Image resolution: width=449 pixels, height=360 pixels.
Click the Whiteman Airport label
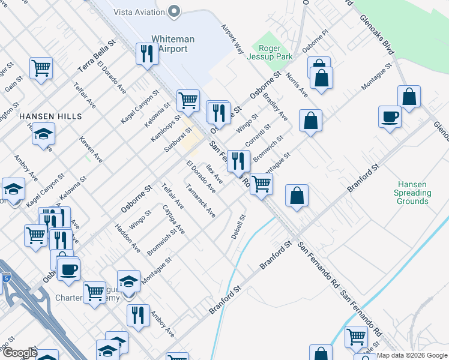(173, 44)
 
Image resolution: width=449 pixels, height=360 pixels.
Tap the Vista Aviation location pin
(175, 11)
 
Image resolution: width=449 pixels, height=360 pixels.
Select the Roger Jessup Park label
(275, 52)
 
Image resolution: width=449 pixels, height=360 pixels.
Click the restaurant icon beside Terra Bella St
(146, 53)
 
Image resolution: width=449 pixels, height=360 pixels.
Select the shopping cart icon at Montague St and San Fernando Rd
(261, 183)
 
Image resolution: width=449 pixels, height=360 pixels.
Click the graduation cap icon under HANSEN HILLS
(43, 134)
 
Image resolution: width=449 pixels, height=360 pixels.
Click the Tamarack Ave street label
(200, 205)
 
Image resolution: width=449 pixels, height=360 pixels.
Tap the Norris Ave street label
(297, 85)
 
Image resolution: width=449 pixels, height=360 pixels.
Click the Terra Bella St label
(95, 58)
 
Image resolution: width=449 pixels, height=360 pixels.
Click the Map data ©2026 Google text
(412, 355)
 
